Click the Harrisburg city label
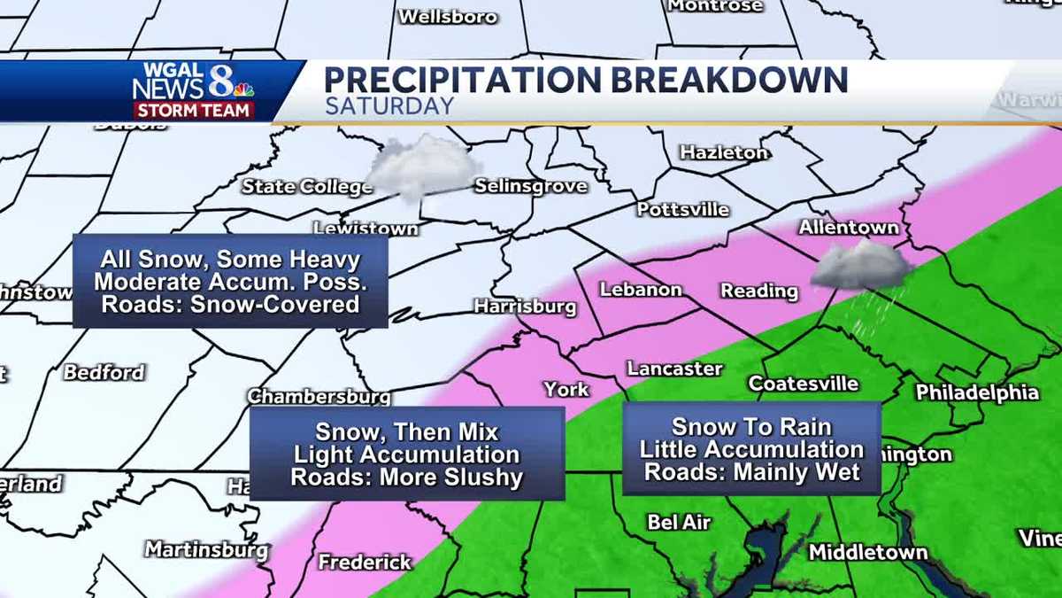pos(525,307)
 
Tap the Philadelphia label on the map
pos(977,392)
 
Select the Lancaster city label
pos(675,368)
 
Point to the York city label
pos(566,389)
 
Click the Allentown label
pos(849,228)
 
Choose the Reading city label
pos(759,291)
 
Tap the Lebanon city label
pos(641,290)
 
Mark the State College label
pos(307,186)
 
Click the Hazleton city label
pos(724,152)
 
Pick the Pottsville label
pos(683,210)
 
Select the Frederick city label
pos(365,562)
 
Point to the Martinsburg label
pos(206,549)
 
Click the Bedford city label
pos(104,372)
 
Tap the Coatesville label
pos(804,384)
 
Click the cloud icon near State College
pos(424,166)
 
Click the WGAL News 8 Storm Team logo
pos(194,90)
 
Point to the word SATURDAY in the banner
pos(389,106)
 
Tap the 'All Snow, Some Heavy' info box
pos(230,282)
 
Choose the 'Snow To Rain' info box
pos(751,448)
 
